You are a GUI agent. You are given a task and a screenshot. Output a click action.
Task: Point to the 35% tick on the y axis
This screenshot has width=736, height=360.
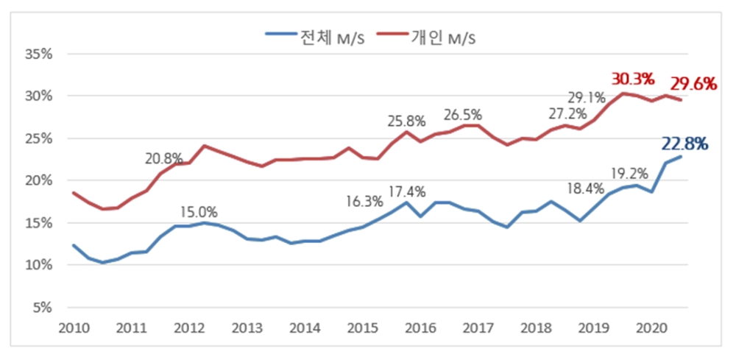(36, 54)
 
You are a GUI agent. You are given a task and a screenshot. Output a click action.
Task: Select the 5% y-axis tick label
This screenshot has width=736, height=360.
(39, 308)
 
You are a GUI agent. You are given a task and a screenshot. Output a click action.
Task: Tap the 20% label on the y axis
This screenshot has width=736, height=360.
(36, 180)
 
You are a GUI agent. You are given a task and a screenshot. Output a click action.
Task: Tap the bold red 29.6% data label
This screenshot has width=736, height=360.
(693, 84)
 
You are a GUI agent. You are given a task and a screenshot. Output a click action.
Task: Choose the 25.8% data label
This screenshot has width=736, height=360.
(407, 121)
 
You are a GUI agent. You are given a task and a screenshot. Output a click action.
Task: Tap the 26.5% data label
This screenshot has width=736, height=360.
(462, 115)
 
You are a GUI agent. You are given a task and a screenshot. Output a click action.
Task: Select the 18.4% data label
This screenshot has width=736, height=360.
(585, 190)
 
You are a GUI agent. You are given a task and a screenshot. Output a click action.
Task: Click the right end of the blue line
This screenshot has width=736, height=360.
(681, 156)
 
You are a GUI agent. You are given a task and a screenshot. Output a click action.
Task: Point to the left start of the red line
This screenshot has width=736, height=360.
(73, 193)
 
